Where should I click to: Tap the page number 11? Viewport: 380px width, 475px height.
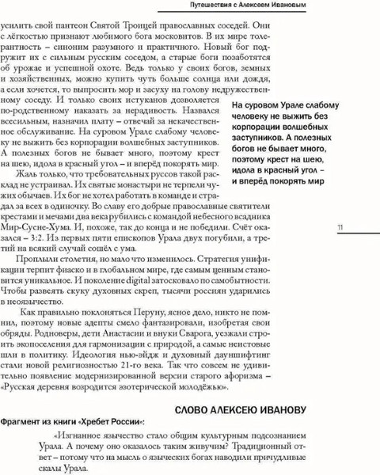339,229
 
